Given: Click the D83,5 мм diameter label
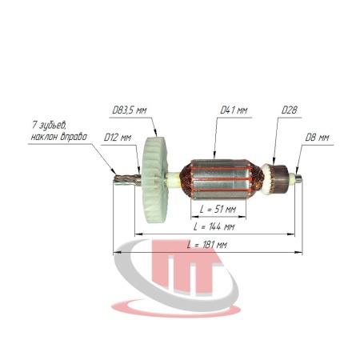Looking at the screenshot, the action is click(x=130, y=110).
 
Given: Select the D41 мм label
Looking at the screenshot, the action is click(x=234, y=110).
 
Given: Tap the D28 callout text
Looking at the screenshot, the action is click(x=290, y=110).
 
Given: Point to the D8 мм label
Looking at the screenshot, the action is click(x=317, y=138).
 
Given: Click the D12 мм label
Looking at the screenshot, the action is click(x=118, y=138).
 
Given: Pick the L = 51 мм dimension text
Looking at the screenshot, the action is click(x=218, y=210).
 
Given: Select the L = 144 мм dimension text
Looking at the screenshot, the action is click(x=214, y=226).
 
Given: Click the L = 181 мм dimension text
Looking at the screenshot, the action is click(x=207, y=245).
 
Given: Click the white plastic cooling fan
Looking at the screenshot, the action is click(x=155, y=180).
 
